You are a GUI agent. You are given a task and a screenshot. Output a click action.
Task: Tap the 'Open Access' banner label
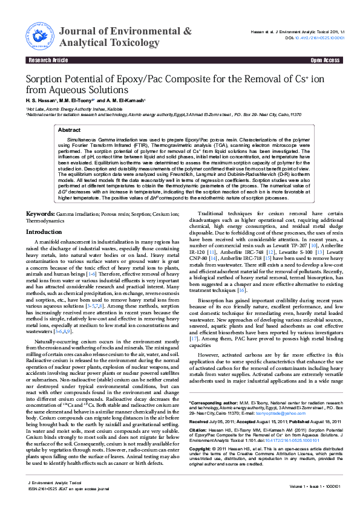[x=325, y=60]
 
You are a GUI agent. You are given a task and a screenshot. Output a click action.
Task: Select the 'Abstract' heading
[x=69, y=130]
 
